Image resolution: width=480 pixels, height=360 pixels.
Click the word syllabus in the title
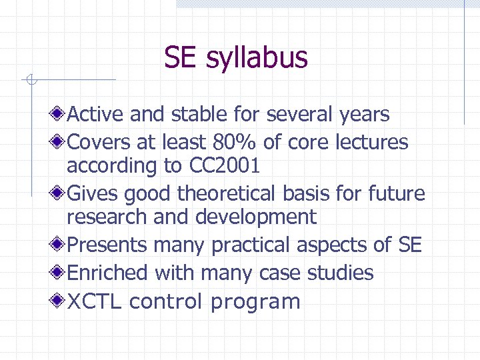[x=257, y=58]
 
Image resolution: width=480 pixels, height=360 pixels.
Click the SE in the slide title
[x=181, y=57]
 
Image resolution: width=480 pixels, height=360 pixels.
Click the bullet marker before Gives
[x=59, y=194]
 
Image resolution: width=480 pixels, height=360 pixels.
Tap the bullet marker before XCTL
[x=59, y=301]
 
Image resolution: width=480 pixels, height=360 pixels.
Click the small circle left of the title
[x=30, y=81]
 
